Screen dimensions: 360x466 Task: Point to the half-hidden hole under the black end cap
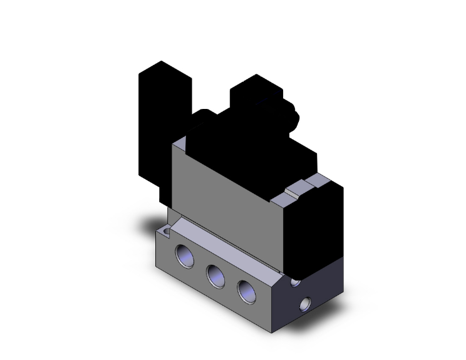point(295,282)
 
